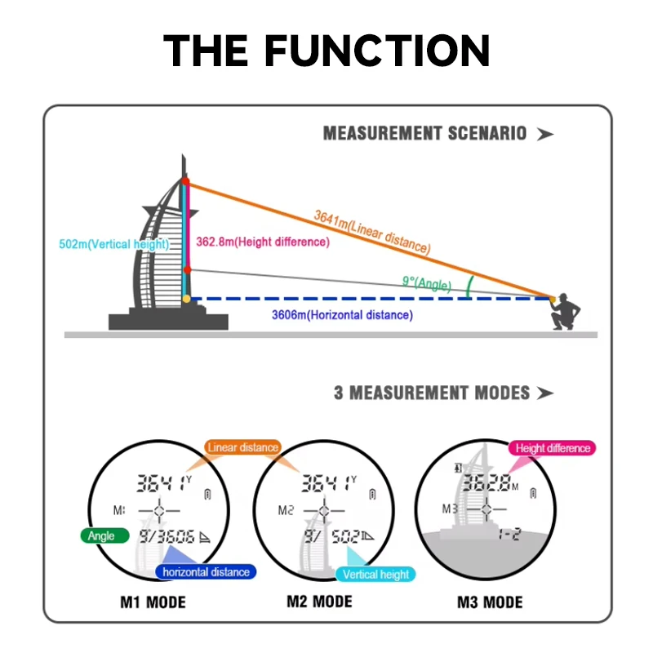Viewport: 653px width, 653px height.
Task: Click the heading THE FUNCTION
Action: coord(326,51)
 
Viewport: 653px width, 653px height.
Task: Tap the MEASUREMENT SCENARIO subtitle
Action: coord(424,133)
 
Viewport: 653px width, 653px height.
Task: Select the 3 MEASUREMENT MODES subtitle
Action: coord(432,393)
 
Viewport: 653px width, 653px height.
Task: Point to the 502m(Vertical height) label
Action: coord(115,244)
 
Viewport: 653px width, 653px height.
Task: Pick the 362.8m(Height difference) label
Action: coord(263,242)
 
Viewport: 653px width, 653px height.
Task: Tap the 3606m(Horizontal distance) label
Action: coord(343,315)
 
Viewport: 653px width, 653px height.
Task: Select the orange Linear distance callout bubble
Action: coord(242,447)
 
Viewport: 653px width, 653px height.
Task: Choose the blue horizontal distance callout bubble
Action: coord(206,572)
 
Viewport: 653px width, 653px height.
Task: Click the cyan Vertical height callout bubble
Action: coord(375,575)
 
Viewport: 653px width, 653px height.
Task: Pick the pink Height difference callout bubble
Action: coord(553,448)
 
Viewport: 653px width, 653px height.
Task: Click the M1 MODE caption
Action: coord(153,603)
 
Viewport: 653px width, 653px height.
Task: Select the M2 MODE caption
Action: coord(319,602)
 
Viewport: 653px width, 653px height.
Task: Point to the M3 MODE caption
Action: coord(490,603)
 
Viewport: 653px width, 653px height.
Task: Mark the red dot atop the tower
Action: coord(185,180)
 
